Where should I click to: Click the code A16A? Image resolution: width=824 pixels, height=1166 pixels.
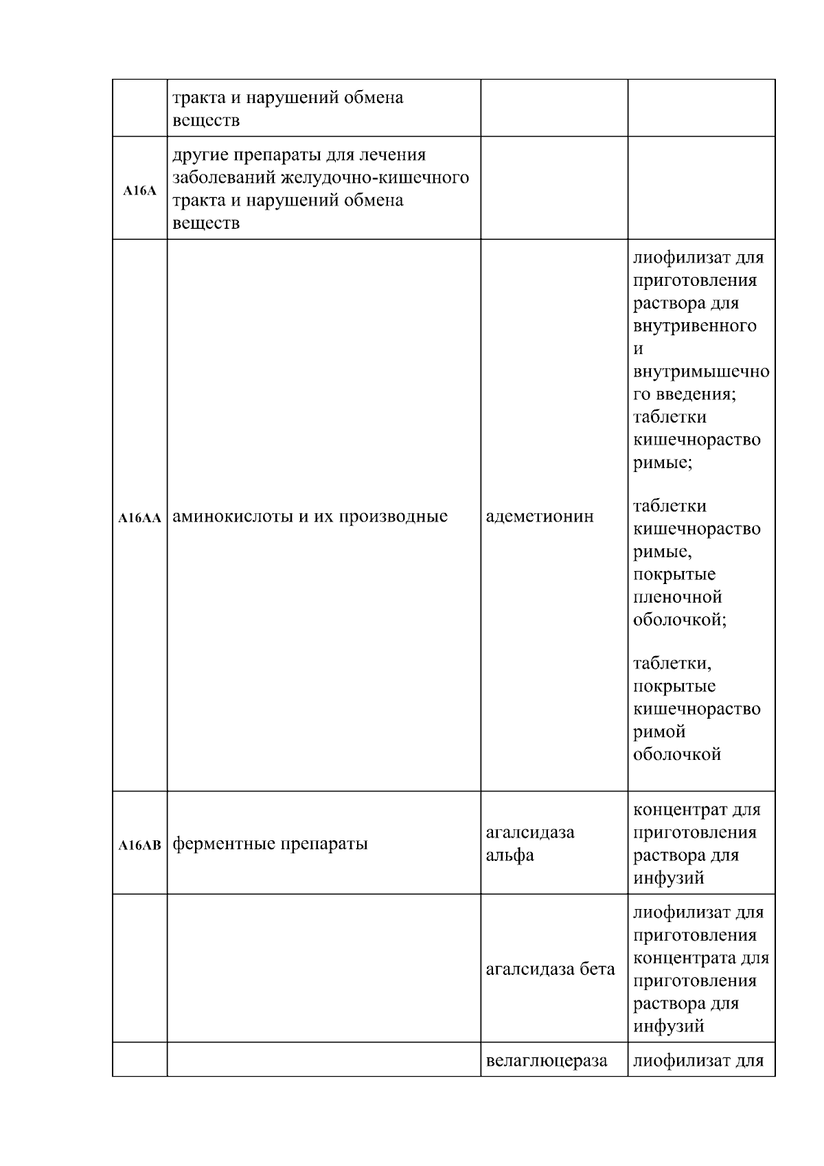(x=139, y=191)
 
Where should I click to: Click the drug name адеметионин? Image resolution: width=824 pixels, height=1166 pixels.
(x=539, y=516)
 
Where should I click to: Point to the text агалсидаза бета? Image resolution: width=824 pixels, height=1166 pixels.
(x=550, y=969)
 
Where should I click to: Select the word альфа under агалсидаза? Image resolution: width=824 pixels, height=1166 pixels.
(x=510, y=855)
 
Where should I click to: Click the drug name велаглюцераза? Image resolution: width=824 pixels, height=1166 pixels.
(x=546, y=1060)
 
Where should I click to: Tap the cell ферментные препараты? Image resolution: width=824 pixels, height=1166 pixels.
(x=270, y=843)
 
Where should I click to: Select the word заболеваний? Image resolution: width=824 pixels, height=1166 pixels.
(x=224, y=177)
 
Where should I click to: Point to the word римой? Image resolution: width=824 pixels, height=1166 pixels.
(x=659, y=732)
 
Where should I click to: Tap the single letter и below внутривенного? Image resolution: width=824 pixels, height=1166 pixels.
(x=638, y=349)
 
